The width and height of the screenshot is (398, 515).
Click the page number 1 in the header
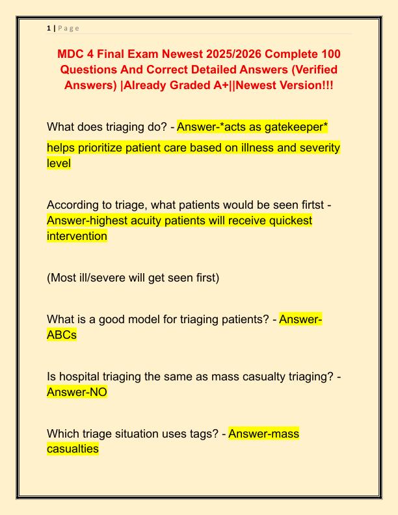pos(49,28)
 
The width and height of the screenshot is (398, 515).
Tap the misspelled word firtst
pos(308,205)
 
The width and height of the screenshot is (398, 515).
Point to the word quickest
pos(287,221)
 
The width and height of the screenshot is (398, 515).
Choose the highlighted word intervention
pos(77,237)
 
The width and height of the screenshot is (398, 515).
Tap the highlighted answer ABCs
pos(62,336)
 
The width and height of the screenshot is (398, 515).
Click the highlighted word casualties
pos(73,449)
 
